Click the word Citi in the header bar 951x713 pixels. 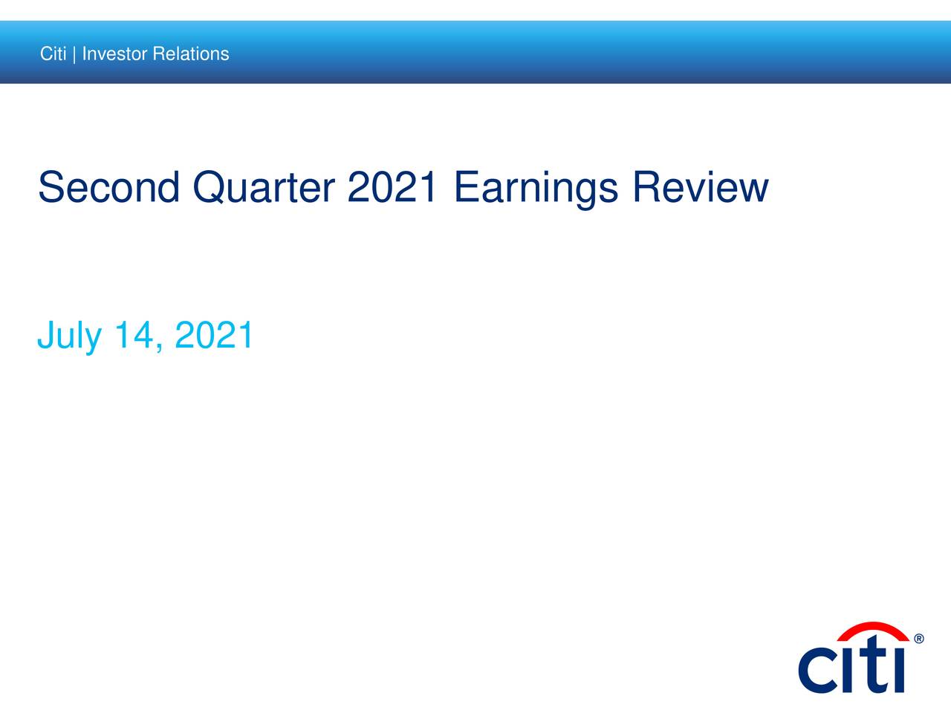pos(53,53)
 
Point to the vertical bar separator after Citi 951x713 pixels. pos(74,54)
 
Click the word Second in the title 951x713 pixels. pos(108,187)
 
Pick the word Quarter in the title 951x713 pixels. pos(264,188)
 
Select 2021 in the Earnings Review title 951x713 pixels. pos(392,186)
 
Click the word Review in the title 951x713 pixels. pos(701,186)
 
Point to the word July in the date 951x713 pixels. pos(69,336)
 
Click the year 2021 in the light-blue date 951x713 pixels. pos(213,334)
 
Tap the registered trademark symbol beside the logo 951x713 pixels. pos(919,639)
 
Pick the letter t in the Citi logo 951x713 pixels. pos(872,665)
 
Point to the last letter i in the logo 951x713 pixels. pos(898,671)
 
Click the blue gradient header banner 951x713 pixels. pos(475,52)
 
